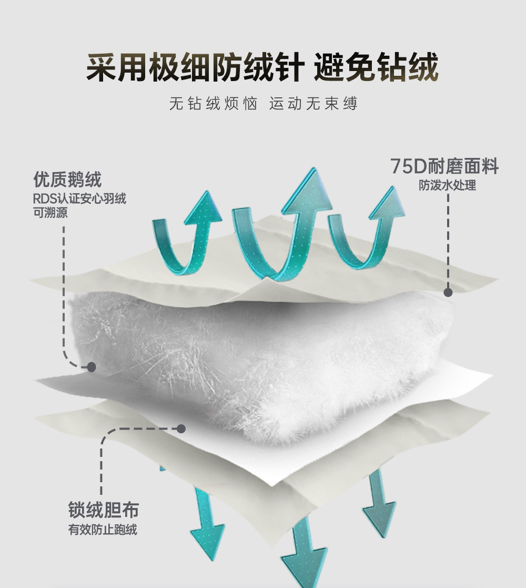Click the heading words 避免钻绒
pyautogui.click(x=376, y=68)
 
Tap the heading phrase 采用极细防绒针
pyautogui.click(x=195, y=68)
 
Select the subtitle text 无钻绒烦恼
pyautogui.click(x=214, y=103)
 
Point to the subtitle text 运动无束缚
pyautogui.click(x=313, y=103)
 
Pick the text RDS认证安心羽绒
pyautogui.click(x=79, y=200)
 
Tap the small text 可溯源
pyautogui.click(x=50, y=213)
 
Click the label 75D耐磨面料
pyautogui.click(x=444, y=167)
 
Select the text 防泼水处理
pyautogui.click(x=448, y=185)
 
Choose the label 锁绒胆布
pyautogui.click(x=104, y=510)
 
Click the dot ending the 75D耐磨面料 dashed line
pyautogui.click(x=448, y=292)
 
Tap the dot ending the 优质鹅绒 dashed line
pyautogui.click(x=91, y=366)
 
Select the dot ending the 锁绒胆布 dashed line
pyautogui.click(x=181, y=428)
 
